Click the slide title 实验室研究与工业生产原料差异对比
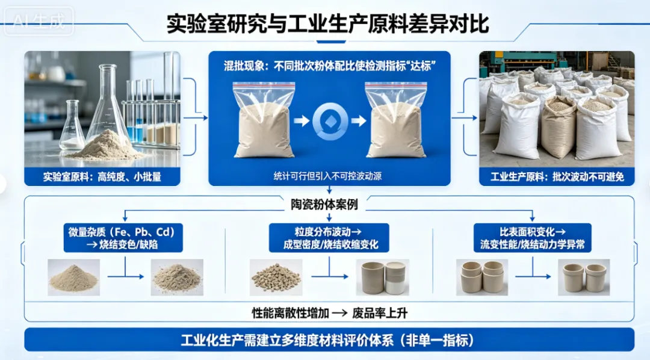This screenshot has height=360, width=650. click(328, 23)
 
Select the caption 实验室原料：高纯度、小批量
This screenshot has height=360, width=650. click(102, 176)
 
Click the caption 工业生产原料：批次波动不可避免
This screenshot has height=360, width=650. click(556, 176)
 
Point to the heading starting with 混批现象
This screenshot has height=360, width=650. click(329, 65)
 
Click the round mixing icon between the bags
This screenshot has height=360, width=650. click(329, 121)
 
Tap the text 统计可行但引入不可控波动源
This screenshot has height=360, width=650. click(329, 176)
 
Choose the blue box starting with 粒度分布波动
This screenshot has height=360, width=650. click(329, 238)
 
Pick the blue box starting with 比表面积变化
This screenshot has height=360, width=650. click(532, 238)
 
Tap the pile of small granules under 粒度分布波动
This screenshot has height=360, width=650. click(276, 277)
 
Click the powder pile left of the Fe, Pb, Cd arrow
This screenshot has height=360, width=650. click(73, 278)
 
